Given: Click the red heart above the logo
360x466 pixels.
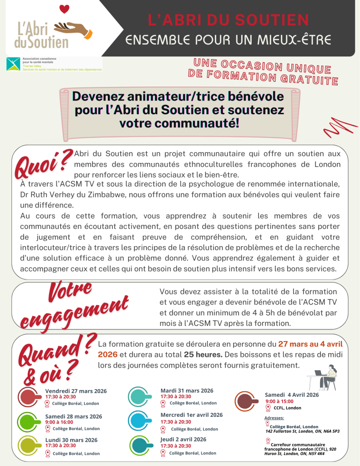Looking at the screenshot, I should [x=65, y=9].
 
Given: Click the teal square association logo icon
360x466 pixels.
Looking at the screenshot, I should [x=13, y=64].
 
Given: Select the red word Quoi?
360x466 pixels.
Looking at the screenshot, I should [x=43, y=162].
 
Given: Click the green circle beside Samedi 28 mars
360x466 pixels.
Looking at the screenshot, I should [x=29, y=422].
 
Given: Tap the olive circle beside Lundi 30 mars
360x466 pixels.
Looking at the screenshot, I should [x=29, y=446].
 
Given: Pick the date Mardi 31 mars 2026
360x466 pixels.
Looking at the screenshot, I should [x=187, y=390].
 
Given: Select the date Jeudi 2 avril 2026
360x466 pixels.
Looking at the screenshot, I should [x=183, y=439].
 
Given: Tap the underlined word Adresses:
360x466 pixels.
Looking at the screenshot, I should [x=274, y=417].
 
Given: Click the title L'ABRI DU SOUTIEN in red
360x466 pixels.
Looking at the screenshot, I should [x=228, y=20].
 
